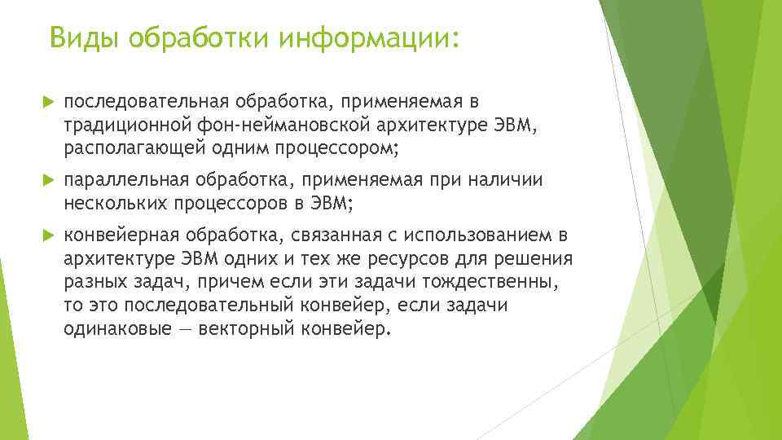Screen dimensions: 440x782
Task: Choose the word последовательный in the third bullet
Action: (x=212, y=306)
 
